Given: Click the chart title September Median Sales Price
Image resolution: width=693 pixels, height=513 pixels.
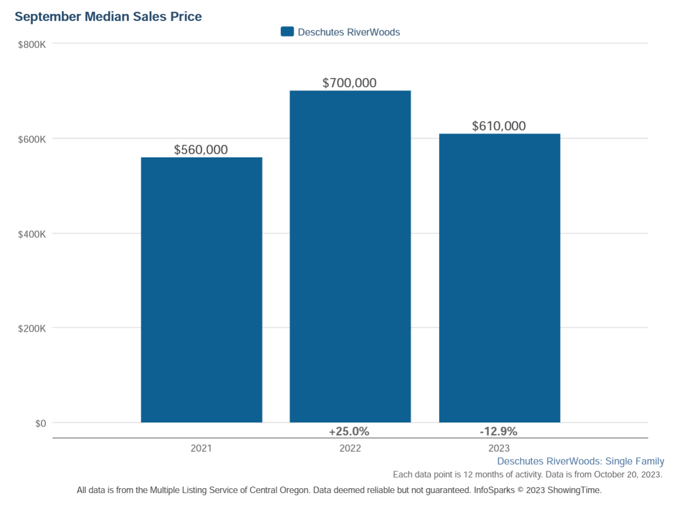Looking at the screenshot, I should (108, 17).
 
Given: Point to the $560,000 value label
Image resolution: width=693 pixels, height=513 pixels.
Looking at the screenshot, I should (201, 150).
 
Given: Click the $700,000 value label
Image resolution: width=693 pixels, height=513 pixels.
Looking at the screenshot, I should (349, 83).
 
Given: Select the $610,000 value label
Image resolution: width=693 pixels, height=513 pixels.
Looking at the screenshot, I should (499, 126).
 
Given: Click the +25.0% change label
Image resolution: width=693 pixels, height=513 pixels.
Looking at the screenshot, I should (349, 432).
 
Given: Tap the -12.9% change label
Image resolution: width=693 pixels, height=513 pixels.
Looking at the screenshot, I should (498, 432).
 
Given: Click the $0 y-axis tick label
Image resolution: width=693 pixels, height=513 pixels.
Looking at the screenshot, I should (41, 423).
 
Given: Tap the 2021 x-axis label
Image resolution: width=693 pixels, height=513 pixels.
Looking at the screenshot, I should (201, 448).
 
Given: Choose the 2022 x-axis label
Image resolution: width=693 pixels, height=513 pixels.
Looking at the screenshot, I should (350, 448).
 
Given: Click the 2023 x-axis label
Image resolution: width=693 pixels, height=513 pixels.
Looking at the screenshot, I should (499, 448).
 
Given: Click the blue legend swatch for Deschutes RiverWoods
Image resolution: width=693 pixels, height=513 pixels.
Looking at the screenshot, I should (287, 32).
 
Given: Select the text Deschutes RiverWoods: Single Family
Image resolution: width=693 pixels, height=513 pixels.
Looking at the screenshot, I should (580, 461).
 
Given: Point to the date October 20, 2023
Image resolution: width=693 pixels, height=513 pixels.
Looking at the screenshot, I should (628, 475).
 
